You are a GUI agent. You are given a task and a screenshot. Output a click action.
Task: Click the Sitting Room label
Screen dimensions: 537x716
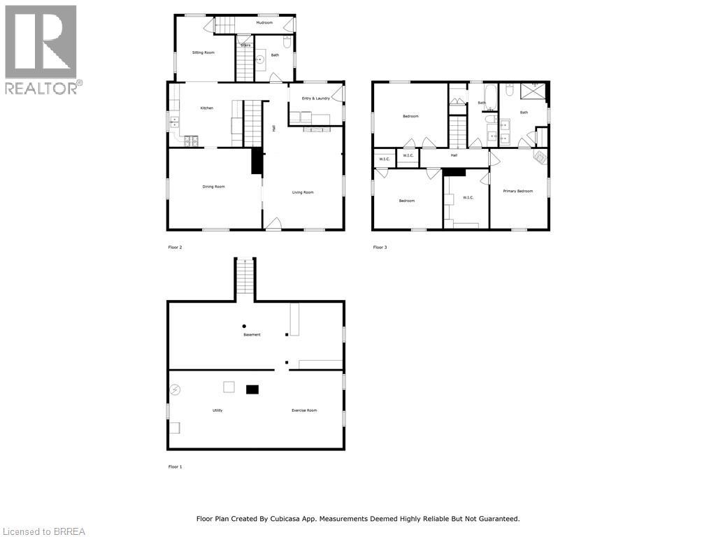(203, 52)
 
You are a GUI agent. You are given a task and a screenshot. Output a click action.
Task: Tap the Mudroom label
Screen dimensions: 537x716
(264, 23)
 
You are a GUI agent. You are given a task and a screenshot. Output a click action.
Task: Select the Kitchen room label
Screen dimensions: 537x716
(207, 108)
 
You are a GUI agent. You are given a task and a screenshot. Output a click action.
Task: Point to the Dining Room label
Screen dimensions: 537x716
(213, 187)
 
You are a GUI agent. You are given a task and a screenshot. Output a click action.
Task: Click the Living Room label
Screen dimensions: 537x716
(303, 192)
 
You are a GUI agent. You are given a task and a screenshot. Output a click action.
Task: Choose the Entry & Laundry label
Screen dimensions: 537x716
(315, 98)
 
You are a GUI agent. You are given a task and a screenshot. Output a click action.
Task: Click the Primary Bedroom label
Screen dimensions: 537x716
(518, 191)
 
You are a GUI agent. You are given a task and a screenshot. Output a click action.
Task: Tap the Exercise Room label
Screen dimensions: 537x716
(304, 410)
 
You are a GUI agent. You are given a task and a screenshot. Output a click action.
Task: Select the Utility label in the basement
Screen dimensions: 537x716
(217, 410)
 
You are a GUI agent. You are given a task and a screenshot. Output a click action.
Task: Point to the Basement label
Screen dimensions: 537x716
(252, 335)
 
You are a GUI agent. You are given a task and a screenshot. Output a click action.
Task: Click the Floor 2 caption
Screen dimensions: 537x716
(175, 248)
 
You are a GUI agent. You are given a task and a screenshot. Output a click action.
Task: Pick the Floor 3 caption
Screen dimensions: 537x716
(379, 248)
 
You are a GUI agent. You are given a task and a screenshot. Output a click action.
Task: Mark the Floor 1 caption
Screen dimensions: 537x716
(175, 466)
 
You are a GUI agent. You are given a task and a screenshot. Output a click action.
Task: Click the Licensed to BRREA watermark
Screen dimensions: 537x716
(43, 531)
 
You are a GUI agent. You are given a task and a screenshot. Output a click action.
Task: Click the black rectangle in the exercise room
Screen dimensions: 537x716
(252, 389)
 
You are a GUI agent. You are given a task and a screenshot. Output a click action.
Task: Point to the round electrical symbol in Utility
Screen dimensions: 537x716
(175, 389)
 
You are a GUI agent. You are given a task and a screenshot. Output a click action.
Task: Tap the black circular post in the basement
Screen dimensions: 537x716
(244, 326)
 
